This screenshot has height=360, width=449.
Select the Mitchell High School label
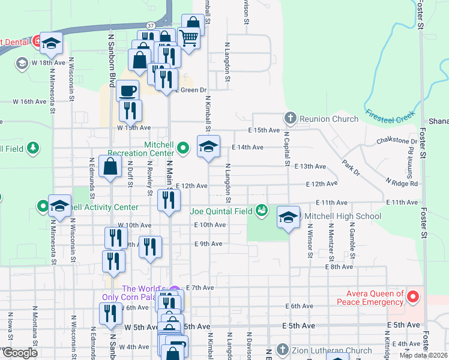pyautogui.click(x=343, y=216)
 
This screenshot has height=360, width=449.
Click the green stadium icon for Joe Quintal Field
pyautogui.click(x=261, y=210)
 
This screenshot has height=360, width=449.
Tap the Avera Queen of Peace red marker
pyautogui.click(x=412, y=296)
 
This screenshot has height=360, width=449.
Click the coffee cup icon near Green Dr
pyautogui.click(x=127, y=91)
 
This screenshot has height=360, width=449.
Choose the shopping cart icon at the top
pyautogui.click(x=188, y=38)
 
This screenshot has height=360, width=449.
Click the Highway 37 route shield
pyautogui.click(x=150, y=26)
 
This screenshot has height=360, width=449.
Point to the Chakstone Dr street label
pyautogui.click(x=397, y=142)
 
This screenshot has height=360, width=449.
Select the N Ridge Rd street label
pyautogui.click(x=402, y=182)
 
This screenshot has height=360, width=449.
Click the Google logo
pyautogui.click(x=19, y=353)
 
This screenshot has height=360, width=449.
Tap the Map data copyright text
pyautogui.click(x=423, y=355)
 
